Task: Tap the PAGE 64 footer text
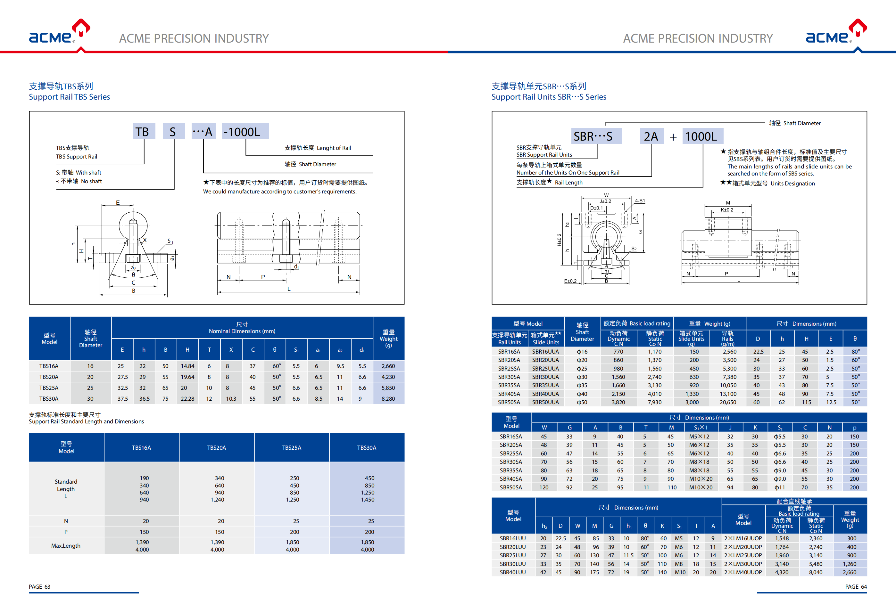coord(856,586)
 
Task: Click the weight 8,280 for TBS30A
coord(388,399)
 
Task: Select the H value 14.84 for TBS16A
coord(187,366)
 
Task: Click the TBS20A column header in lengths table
coord(217,448)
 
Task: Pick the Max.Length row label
coord(66,546)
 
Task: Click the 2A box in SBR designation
coord(651,136)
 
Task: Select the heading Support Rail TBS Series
coord(70,97)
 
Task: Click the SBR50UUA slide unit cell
coord(545,402)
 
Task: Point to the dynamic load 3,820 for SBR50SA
coord(618,402)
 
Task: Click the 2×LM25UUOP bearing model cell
coord(743,555)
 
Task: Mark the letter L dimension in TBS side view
coord(289,289)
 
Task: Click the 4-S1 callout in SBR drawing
coord(640,201)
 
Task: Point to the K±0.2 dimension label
coord(727,210)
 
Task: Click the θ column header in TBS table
coord(275,349)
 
